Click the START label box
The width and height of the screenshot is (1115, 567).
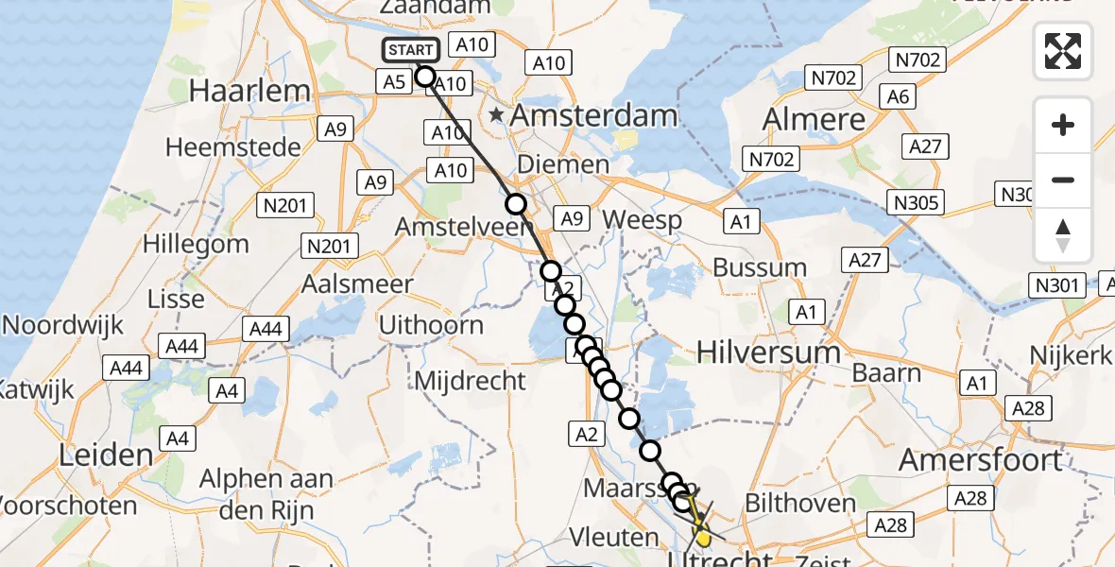(x=411, y=50)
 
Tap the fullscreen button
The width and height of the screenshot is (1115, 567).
(x=1063, y=51)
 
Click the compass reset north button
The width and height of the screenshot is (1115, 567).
(x=1063, y=235)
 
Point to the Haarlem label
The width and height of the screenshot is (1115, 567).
(x=250, y=92)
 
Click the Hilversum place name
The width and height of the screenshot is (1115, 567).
(x=768, y=352)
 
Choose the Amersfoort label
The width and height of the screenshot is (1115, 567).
(x=980, y=460)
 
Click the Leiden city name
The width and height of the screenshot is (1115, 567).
(x=106, y=455)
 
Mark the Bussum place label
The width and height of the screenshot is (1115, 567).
(x=760, y=267)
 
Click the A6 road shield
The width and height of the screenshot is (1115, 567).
(x=898, y=95)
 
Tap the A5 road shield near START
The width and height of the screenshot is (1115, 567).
(x=395, y=82)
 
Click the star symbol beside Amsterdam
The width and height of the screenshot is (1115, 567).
(x=497, y=115)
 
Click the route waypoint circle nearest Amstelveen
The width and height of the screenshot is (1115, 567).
(x=516, y=204)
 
